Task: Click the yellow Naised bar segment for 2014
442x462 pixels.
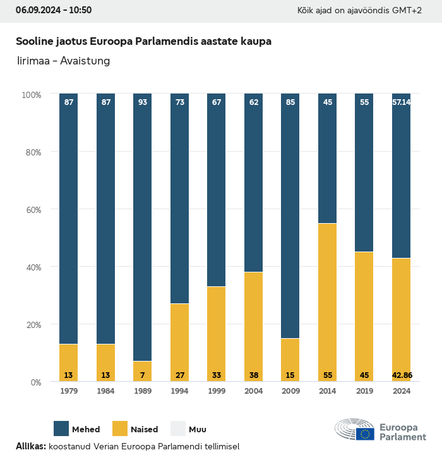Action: pyautogui.click(x=327, y=302)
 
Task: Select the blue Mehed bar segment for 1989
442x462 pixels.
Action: pyautogui.click(x=143, y=228)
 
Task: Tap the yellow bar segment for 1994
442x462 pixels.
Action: pyautogui.click(x=180, y=342)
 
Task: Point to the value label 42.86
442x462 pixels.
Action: pyautogui.click(x=402, y=375)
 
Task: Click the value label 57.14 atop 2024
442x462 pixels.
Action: pyautogui.click(x=402, y=102)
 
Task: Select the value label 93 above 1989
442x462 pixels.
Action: pyautogui.click(x=143, y=102)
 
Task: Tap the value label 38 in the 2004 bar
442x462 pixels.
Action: pyautogui.click(x=254, y=375)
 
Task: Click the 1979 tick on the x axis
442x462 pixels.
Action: pyautogui.click(x=69, y=391)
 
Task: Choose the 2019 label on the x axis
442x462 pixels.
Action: pyautogui.click(x=364, y=391)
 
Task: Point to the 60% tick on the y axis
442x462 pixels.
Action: pyautogui.click(x=32, y=210)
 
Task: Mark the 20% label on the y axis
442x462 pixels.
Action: pyautogui.click(x=32, y=325)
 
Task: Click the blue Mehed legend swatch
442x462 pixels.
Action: pyautogui.click(x=61, y=429)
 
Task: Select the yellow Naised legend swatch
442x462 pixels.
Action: pyautogui.click(x=120, y=429)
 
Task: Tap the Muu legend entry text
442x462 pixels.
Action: pyautogui.click(x=198, y=429)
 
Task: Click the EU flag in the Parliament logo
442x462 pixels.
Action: pyautogui.click(x=365, y=434)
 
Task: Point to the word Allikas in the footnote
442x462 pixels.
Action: pyautogui.click(x=30, y=446)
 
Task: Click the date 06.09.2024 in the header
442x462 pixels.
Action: pyautogui.click(x=36, y=10)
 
